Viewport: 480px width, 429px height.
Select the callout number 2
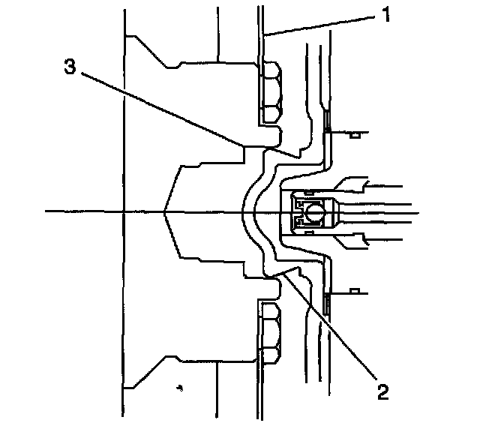click(383, 391)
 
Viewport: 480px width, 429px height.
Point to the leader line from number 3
click(165, 108)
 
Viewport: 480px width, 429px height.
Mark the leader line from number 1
click(322, 25)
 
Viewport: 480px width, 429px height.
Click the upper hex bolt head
click(269, 94)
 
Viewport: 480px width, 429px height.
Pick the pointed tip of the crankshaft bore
click(164, 212)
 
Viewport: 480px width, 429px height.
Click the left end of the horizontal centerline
click(46, 212)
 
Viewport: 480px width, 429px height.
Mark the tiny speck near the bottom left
click(180, 388)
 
